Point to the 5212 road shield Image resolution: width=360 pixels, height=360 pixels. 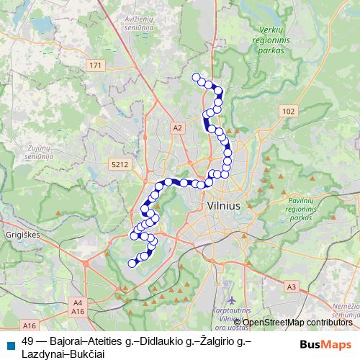(120, 164)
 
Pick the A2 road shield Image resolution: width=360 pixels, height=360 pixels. (178, 127)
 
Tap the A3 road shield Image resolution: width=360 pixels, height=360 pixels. (291, 287)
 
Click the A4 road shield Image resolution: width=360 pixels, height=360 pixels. (78, 302)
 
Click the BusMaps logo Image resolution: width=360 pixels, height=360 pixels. (325, 343)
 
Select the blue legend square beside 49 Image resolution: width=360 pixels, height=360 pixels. (10, 344)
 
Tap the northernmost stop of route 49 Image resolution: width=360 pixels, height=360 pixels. (196, 77)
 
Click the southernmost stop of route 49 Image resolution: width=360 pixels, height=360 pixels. (132, 264)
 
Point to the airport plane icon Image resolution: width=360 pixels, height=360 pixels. (230, 298)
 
